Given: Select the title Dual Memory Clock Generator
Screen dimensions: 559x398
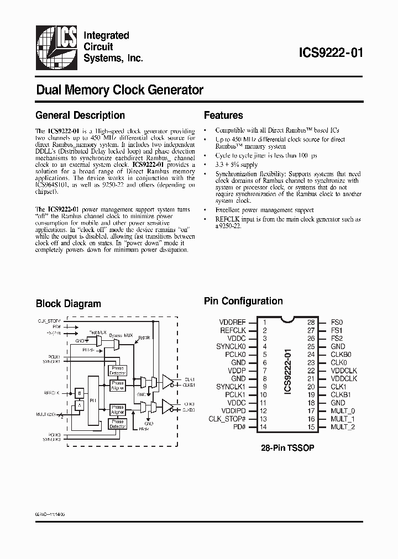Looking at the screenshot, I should coord(119,89).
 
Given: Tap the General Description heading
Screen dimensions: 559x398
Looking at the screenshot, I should coord(80,115).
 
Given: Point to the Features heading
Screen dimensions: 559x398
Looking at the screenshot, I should coord(223,115).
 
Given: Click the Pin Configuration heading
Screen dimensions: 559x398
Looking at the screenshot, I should coord(243,301).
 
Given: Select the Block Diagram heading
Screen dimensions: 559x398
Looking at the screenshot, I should coord(69,303).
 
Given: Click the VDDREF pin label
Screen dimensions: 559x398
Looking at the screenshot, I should coord(233,322).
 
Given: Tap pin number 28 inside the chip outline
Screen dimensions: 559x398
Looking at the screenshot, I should coord(311,322).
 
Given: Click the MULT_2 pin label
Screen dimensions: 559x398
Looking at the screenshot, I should coord(343,427).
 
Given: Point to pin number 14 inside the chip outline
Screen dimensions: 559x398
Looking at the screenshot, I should coord(264,427).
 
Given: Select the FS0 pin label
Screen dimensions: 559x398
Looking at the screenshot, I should coord(337,322).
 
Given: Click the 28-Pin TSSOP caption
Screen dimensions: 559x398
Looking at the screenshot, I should coord(287,448).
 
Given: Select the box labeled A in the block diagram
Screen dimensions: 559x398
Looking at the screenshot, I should coord(79,405).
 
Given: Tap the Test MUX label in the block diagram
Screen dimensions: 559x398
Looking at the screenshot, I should coord(98,333).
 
